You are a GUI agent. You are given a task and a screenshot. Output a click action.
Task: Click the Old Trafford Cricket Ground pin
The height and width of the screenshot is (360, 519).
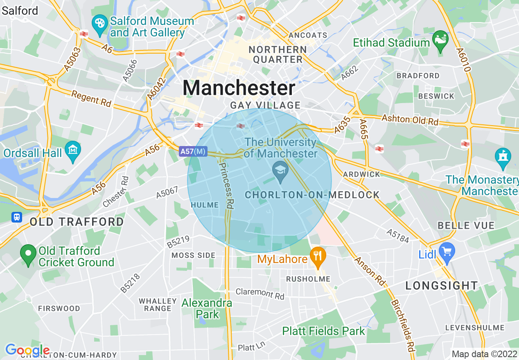[28, 254]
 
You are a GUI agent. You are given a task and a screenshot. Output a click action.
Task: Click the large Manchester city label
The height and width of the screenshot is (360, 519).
[239, 88]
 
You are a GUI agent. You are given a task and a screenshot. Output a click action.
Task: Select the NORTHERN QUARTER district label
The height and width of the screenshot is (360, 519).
[278, 54]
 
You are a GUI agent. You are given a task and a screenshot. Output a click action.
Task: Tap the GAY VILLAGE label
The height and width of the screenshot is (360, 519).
[265, 105]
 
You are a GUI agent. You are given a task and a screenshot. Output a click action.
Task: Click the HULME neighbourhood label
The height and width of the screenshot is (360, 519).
[205, 205]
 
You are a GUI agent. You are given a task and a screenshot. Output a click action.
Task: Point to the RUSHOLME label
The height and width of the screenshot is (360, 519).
[302, 279]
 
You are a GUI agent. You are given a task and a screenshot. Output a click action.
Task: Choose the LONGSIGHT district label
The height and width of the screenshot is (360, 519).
[442, 286]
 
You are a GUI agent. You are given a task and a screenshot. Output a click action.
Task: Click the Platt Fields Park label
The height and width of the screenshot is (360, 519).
[323, 331]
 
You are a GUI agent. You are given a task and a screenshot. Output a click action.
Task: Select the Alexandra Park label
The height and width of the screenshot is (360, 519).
[207, 309]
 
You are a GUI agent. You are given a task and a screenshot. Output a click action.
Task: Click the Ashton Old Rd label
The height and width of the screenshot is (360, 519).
[410, 119]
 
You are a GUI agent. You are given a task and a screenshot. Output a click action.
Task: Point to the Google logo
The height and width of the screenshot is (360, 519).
[27, 350]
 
